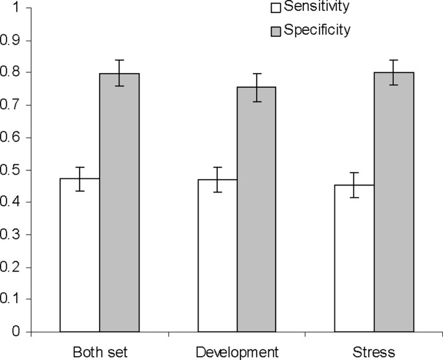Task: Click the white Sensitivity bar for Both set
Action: [x=80, y=255]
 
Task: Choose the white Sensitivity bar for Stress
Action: [x=354, y=259]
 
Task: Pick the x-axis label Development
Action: [x=237, y=352]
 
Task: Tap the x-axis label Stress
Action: [x=374, y=352]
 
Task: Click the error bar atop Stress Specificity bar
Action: [x=394, y=72]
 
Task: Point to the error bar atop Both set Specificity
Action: [x=120, y=73]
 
